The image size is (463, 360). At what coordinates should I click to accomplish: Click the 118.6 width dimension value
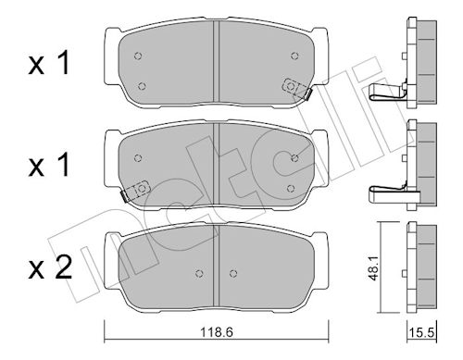[217, 332]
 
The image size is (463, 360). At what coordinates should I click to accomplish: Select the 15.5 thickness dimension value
[421, 332]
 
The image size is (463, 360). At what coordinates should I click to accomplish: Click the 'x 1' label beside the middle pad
[49, 166]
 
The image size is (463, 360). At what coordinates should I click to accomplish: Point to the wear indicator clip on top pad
[296, 89]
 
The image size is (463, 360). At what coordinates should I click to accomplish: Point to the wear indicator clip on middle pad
[135, 192]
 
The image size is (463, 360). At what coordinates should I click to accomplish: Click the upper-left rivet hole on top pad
[138, 56]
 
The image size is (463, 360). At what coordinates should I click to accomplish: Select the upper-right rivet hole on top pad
[294, 56]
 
